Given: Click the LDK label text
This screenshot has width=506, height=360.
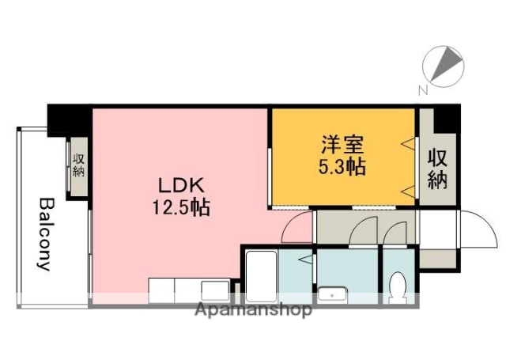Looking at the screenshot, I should coord(182,186).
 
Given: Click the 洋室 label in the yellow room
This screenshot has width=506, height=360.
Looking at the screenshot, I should coord(342,146).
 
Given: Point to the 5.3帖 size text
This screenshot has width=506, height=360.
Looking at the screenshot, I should coord(342,168).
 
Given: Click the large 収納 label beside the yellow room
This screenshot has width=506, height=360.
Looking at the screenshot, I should coord(437,169).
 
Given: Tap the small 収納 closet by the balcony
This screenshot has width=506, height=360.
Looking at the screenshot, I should coord(78,166).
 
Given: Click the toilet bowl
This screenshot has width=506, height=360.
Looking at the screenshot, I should coord(398,286).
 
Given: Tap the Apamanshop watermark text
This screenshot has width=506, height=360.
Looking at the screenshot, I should coord(253,310).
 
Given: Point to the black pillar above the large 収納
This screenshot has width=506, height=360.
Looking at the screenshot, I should coord(447,118).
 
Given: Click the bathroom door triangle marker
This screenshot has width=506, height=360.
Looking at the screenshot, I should coord(304,259).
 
